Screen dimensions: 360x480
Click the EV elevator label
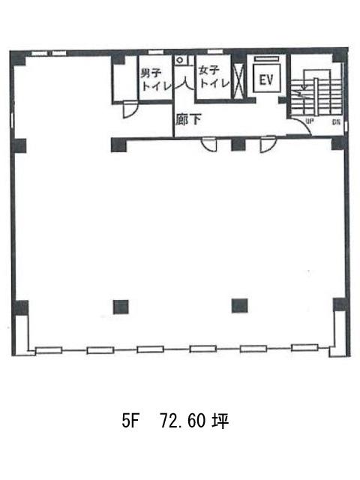click(x=266, y=80)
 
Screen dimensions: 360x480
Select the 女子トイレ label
click(x=214, y=77)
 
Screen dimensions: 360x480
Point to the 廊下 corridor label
click(x=188, y=119)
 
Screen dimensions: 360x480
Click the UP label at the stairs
click(x=310, y=121)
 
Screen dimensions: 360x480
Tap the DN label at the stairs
click(x=336, y=122)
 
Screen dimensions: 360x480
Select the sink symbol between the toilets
click(x=181, y=60)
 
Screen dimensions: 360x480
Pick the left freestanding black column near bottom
click(x=121, y=307)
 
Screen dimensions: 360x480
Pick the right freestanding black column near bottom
click(x=239, y=305)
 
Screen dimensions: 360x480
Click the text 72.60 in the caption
click(x=183, y=421)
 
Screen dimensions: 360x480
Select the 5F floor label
click(x=130, y=421)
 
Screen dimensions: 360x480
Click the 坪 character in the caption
click(x=220, y=421)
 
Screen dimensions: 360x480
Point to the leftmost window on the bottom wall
click(x=49, y=350)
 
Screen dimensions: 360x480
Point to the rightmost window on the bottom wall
click(x=304, y=348)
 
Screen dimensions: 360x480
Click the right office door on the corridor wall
click(x=268, y=145)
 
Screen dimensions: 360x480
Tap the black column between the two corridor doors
click(x=238, y=145)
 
